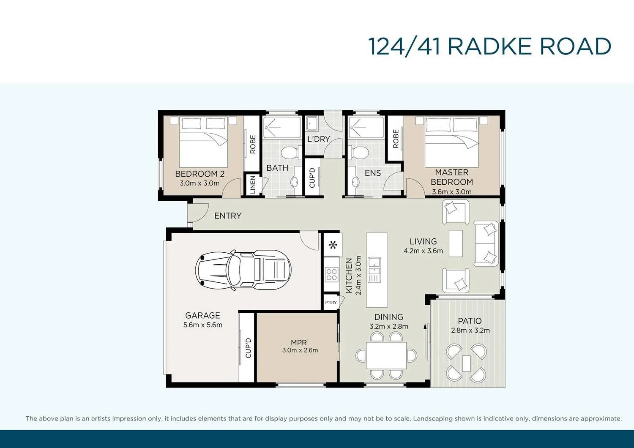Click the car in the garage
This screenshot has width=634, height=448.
(x=243, y=269)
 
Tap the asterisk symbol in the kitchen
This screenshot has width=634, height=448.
(x=333, y=245)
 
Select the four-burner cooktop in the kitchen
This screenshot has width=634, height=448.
(x=331, y=275)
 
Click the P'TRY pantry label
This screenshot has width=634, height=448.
(x=331, y=303)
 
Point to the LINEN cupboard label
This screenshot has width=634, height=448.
(x=253, y=185)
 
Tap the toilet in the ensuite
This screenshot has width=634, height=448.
(x=360, y=152)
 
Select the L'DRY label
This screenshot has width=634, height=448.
(x=318, y=139)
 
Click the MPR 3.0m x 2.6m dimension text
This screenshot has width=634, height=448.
(x=300, y=350)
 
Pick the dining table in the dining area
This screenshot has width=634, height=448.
(x=386, y=355)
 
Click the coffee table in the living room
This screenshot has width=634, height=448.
(x=456, y=243)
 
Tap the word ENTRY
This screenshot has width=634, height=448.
(x=228, y=216)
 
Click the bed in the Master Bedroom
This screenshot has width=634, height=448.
(x=451, y=142)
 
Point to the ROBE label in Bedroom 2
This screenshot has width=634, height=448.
(x=253, y=144)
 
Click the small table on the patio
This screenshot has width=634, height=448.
(x=466, y=363)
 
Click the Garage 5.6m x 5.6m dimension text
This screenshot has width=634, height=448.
(x=203, y=325)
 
